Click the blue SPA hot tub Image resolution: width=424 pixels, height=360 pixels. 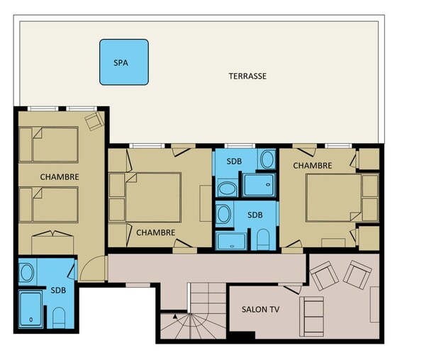[124, 62]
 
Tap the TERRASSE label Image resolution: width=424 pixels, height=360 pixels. [247, 77]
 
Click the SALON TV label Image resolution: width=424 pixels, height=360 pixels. [260, 309]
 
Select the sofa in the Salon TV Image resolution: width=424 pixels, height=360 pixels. [311, 317]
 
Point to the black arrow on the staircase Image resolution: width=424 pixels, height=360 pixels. [175, 316]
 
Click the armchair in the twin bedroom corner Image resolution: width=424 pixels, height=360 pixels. [94, 121]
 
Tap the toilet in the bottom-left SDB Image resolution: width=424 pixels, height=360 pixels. [59, 317]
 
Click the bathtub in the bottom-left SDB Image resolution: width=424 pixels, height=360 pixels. [30, 309]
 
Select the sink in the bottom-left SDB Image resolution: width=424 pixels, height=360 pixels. [27, 272]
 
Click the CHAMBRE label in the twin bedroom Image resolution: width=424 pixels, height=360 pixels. [60, 177]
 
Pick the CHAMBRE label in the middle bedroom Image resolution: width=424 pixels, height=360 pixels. [155, 232]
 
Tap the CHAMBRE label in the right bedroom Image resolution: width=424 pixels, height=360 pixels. [312, 165]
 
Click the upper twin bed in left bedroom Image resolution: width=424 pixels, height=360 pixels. [49, 145]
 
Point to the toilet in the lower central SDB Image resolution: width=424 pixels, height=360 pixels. [263, 240]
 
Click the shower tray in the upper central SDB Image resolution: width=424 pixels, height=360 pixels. [259, 185]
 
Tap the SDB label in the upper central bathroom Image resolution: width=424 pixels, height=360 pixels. [234, 162]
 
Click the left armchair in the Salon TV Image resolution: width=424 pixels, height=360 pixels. [324, 276]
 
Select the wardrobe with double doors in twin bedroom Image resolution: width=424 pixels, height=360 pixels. [52, 242]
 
